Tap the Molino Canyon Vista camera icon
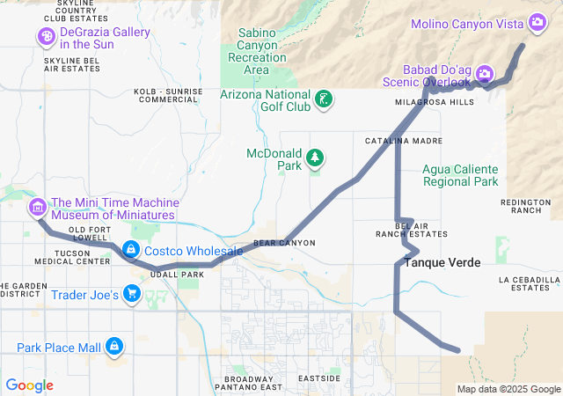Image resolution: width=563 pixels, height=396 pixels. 537,22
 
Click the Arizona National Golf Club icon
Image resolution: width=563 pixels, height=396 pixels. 325,99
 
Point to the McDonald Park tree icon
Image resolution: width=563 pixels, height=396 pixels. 315,158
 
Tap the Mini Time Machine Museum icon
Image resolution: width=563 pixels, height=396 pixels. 38,208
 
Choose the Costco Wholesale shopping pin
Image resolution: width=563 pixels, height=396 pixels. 131,251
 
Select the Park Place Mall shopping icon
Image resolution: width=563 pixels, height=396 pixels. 113,347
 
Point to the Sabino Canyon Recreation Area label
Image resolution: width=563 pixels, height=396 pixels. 256,51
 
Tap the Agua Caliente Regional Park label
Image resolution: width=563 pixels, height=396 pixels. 460,175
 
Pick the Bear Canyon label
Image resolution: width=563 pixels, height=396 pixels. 283,242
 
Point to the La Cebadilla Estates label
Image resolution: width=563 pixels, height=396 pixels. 529,282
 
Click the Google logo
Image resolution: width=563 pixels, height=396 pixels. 29,385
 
